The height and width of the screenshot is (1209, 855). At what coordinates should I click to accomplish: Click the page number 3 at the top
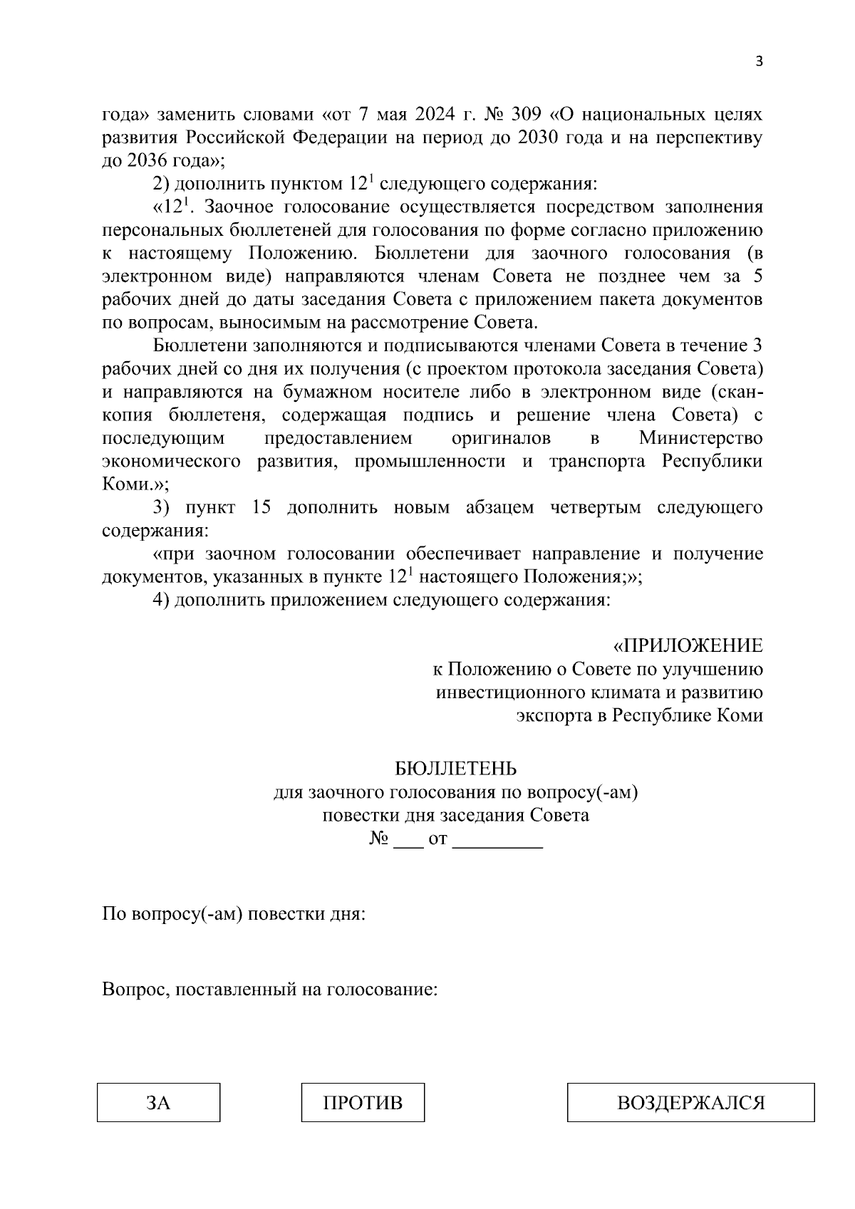[x=759, y=61]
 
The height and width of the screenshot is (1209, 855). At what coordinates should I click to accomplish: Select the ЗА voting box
[x=158, y=1103]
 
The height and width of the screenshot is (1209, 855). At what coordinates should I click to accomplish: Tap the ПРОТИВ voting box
[x=363, y=1103]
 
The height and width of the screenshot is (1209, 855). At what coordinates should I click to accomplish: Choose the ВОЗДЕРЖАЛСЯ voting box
[x=690, y=1103]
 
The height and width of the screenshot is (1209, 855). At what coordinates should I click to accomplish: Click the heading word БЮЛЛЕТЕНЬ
[x=456, y=769]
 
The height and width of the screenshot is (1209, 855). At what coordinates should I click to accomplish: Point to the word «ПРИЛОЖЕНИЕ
[x=688, y=646]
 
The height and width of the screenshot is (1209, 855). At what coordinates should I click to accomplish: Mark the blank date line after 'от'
[x=498, y=839]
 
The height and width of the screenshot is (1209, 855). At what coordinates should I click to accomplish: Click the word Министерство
[x=700, y=438]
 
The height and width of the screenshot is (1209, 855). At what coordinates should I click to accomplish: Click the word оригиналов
[x=501, y=438]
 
